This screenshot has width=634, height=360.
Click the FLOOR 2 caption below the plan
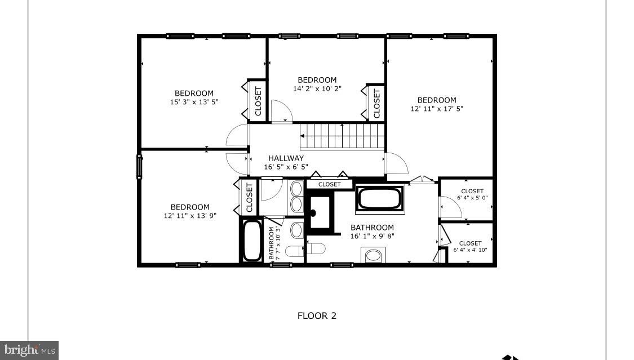(x=317, y=315)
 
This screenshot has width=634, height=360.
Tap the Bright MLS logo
(x=29, y=350)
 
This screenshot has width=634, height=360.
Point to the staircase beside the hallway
(x=342, y=136)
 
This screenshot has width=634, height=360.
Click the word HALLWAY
(x=286, y=158)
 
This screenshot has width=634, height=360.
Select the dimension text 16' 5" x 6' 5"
(x=286, y=167)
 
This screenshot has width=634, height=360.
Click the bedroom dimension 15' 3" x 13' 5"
(x=194, y=102)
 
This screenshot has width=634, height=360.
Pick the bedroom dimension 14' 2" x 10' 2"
(x=317, y=88)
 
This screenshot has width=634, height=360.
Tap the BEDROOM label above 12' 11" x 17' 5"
(x=437, y=100)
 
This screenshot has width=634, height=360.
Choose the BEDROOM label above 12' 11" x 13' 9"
(x=190, y=207)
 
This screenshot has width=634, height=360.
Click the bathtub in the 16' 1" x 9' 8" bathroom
(x=380, y=199)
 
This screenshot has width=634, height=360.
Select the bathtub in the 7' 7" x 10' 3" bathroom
(x=252, y=241)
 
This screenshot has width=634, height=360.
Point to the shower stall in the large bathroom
(x=320, y=212)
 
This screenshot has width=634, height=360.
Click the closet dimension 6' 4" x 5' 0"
(x=472, y=198)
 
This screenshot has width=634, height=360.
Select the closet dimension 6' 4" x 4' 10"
(x=470, y=250)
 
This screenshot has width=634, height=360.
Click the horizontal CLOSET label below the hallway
(x=329, y=184)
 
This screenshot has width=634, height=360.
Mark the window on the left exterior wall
(x=139, y=167)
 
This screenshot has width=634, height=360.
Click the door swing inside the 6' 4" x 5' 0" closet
(x=451, y=208)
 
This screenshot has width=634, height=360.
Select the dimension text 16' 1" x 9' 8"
(x=372, y=236)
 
